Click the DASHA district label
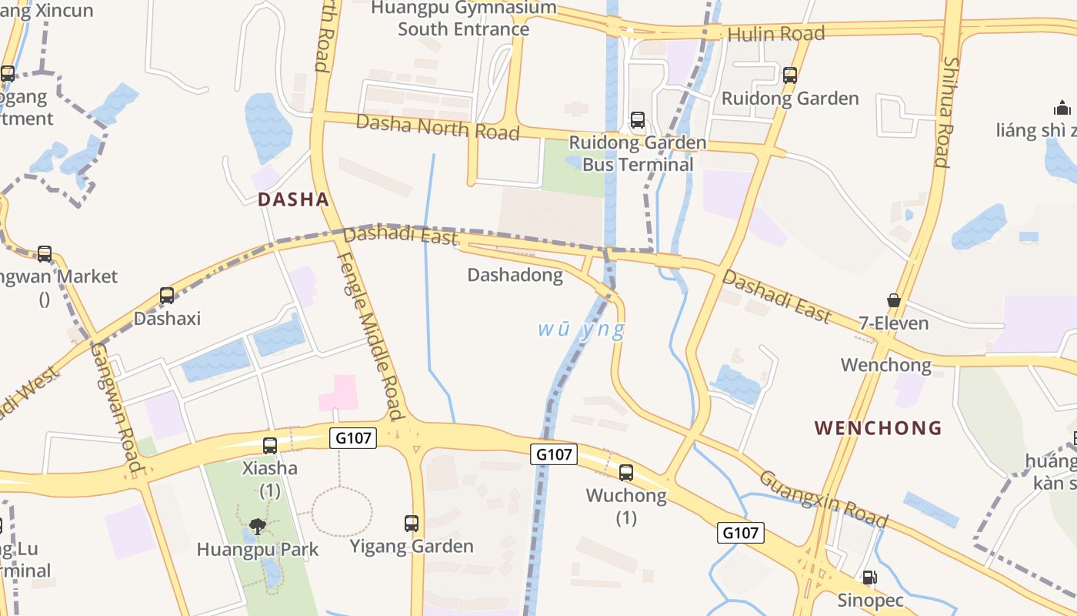(x=293, y=199)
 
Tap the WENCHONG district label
(x=878, y=427)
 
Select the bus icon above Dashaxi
(x=167, y=295)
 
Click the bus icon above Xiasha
(x=270, y=445)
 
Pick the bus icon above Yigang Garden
(x=412, y=524)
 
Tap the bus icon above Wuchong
(x=626, y=473)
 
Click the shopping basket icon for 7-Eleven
(x=894, y=300)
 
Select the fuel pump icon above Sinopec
(x=869, y=577)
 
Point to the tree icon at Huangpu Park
(x=258, y=527)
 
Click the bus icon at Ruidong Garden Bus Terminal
(x=638, y=120)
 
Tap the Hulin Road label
(x=775, y=33)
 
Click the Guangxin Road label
(x=823, y=499)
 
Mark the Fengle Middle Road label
(x=371, y=336)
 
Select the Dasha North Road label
(x=438, y=127)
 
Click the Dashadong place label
(x=515, y=275)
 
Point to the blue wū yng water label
(x=581, y=330)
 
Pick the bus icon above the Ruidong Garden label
(x=790, y=75)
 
